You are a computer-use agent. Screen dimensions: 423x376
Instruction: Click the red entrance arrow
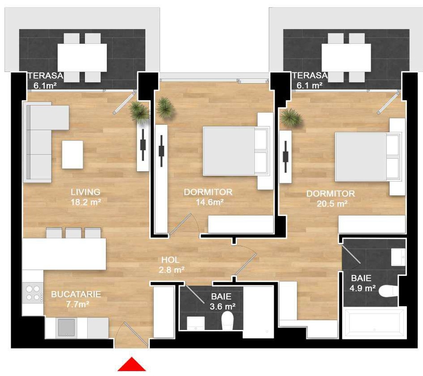(131, 364)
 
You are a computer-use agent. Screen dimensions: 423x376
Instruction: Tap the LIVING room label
(85, 192)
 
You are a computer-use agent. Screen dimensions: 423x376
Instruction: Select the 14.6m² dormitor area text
(210, 202)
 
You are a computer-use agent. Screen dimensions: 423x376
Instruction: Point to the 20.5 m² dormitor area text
(332, 203)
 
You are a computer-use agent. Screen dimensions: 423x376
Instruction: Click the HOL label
(170, 260)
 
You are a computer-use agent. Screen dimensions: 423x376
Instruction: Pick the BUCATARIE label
(76, 294)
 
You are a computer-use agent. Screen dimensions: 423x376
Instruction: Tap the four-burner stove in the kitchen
(34, 293)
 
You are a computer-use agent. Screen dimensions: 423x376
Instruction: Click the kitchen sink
(66, 327)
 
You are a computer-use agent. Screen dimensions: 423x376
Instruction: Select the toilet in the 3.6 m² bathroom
(227, 320)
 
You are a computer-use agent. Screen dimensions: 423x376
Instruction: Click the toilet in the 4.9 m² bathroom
(388, 291)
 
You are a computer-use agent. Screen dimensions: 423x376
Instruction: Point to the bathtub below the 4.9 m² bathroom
(374, 322)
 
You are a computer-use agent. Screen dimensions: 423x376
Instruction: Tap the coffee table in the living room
(72, 155)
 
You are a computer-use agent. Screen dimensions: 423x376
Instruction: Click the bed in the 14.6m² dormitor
(236, 151)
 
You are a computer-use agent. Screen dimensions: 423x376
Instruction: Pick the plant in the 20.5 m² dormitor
(291, 117)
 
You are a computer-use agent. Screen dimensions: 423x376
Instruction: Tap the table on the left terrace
(82, 58)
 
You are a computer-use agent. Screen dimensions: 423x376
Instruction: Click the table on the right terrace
(346, 58)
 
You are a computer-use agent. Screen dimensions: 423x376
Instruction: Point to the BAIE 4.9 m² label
(362, 283)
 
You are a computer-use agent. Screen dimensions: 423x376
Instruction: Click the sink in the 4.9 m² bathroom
(398, 257)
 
